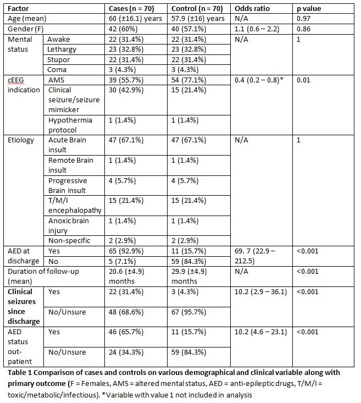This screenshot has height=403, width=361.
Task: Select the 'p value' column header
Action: pos(309,9)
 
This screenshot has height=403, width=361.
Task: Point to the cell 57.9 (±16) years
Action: pos(198,19)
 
